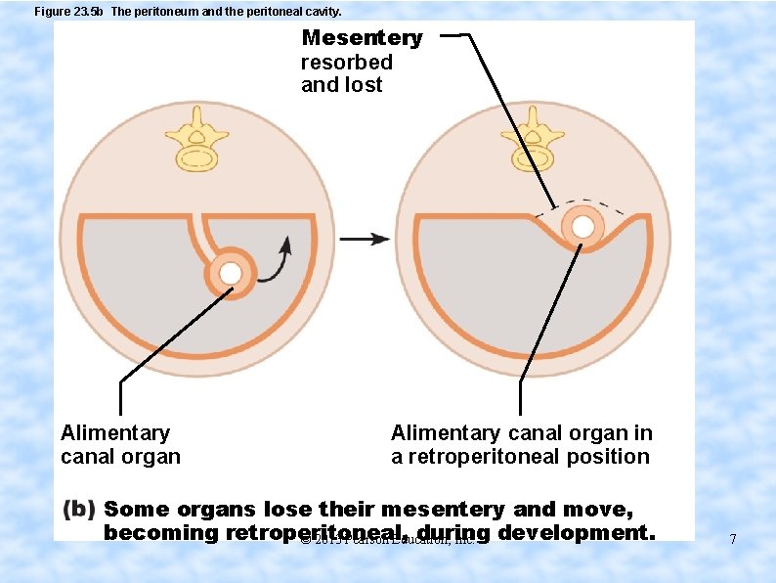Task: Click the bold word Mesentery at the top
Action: [362, 38]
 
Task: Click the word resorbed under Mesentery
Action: [346, 62]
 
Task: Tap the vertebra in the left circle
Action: [198, 141]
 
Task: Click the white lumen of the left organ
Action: [231, 273]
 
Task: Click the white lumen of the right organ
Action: [583, 227]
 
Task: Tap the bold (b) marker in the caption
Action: [78, 510]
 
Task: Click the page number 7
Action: [732, 539]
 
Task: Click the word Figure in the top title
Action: [52, 12]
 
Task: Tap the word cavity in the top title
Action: [321, 12]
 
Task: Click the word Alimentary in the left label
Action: [115, 433]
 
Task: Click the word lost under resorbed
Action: [363, 85]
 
